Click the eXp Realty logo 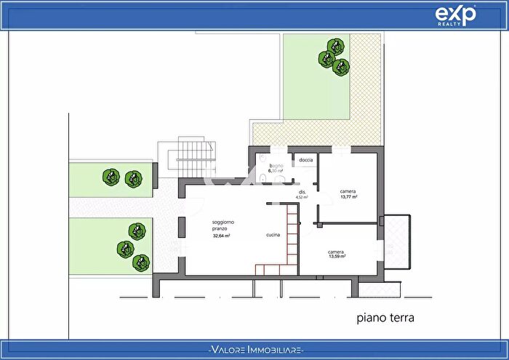(x=455, y=15)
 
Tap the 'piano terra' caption (x=385, y=318)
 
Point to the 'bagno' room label (x=276, y=167)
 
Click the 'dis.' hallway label (x=301, y=192)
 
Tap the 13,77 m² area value (x=348, y=197)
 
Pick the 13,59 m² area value (x=337, y=257)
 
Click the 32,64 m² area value (x=221, y=236)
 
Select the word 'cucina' (x=273, y=235)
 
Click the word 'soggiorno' (x=223, y=221)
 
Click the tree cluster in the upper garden (x=333, y=57)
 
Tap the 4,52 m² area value (x=301, y=197)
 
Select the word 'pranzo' (x=221, y=228)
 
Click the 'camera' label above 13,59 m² (x=336, y=251)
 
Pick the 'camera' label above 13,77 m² (x=348, y=191)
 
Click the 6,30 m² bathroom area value (x=276, y=172)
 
